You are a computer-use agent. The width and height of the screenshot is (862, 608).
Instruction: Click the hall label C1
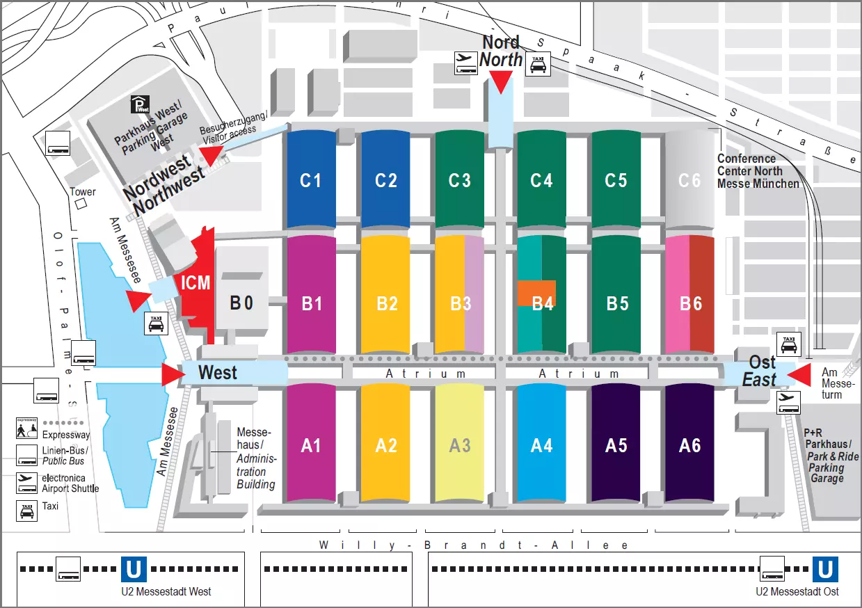(x=310, y=180)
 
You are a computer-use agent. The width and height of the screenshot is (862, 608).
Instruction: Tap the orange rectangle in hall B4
(x=536, y=293)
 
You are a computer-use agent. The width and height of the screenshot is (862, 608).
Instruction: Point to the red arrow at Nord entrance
(x=500, y=83)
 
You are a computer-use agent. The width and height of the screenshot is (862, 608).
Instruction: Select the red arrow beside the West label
(x=172, y=374)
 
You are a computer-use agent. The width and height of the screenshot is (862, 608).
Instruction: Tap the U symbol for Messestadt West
(x=134, y=570)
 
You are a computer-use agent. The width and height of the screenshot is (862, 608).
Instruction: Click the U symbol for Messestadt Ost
(x=825, y=570)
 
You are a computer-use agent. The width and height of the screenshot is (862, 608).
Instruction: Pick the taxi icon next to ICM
(x=155, y=323)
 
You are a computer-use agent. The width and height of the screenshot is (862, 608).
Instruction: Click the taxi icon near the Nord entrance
(x=538, y=64)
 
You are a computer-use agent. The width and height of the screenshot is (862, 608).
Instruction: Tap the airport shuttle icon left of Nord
(x=465, y=63)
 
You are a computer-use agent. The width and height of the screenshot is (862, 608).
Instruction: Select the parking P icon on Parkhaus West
(x=140, y=105)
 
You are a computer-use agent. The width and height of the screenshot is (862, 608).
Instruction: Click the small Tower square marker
(x=81, y=204)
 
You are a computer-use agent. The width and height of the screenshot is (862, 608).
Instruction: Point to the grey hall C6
(x=689, y=180)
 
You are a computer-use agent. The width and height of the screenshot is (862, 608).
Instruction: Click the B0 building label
(x=241, y=303)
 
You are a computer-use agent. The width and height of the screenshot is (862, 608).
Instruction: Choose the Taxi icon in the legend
(x=26, y=512)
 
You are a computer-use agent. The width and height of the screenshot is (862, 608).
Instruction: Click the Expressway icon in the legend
(x=26, y=428)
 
